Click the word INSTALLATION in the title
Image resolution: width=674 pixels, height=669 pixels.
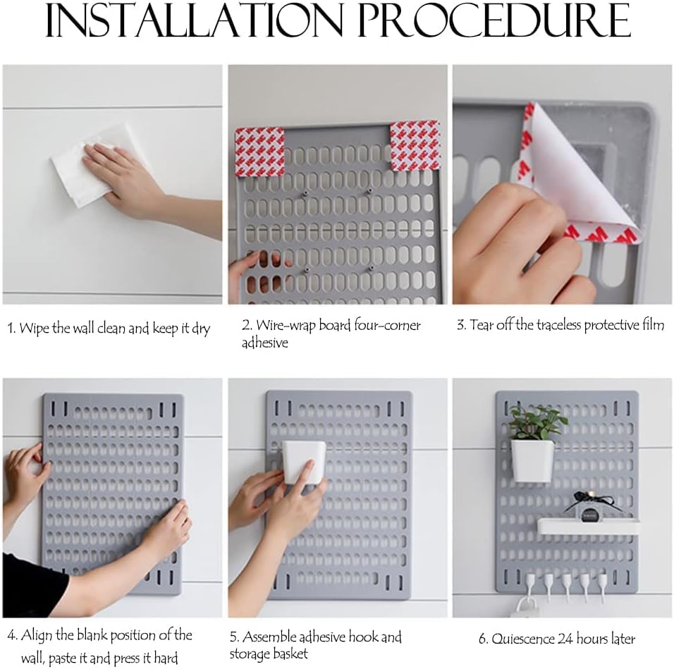(x=194, y=20)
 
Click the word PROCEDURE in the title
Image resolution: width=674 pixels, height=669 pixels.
(x=494, y=20)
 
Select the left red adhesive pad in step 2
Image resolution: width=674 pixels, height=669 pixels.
(x=260, y=152)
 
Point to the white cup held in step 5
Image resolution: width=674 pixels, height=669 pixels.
(x=304, y=462)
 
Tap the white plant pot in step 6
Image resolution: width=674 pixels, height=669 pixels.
(x=532, y=460)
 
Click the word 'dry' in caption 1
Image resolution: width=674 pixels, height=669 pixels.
(x=201, y=329)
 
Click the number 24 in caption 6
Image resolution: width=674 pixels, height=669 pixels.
(x=565, y=639)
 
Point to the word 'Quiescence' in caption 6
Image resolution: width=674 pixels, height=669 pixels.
(x=522, y=639)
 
